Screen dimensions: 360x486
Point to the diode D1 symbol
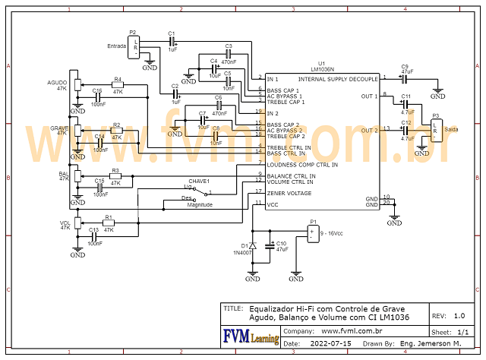[253, 245]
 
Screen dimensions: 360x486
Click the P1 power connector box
[311, 234]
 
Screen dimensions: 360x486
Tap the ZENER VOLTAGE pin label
[289, 193]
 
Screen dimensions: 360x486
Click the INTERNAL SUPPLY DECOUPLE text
[338, 78]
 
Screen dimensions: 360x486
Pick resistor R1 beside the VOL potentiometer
[109, 223]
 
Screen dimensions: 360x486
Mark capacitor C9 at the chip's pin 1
[405, 77]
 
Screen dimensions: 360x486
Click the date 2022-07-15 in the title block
[331, 343]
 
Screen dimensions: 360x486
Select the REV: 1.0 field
[449, 315]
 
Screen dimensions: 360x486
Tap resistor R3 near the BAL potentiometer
[115, 176]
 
